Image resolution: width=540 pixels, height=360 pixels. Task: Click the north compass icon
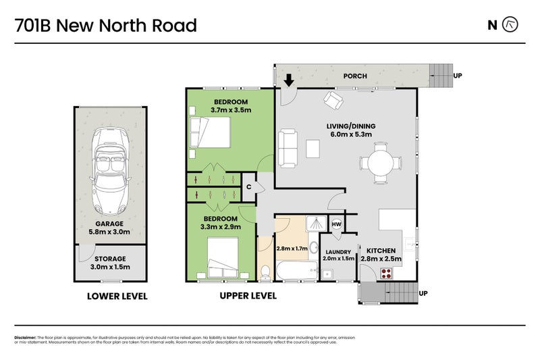pyautogui.click(x=512, y=25)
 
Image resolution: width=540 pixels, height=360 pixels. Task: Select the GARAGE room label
pyautogui.click(x=109, y=224)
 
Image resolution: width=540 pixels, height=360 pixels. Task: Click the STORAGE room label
pyautogui.click(x=109, y=259)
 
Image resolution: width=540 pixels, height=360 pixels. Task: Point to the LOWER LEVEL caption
pyautogui.click(x=117, y=297)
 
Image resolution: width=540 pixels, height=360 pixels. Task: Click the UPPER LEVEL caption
pyautogui.click(x=248, y=297)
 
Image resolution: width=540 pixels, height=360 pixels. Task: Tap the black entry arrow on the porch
pyautogui.click(x=288, y=80)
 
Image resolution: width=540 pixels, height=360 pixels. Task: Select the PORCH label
pyautogui.click(x=355, y=76)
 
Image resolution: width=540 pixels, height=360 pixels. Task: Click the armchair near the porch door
pyautogui.click(x=333, y=101)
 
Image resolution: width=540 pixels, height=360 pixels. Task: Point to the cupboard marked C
pyautogui.click(x=248, y=187)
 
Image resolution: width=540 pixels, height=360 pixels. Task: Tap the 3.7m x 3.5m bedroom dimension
pyautogui.click(x=230, y=109)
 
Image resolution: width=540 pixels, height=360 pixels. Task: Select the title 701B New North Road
pyautogui.click(x=106, y=26)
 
